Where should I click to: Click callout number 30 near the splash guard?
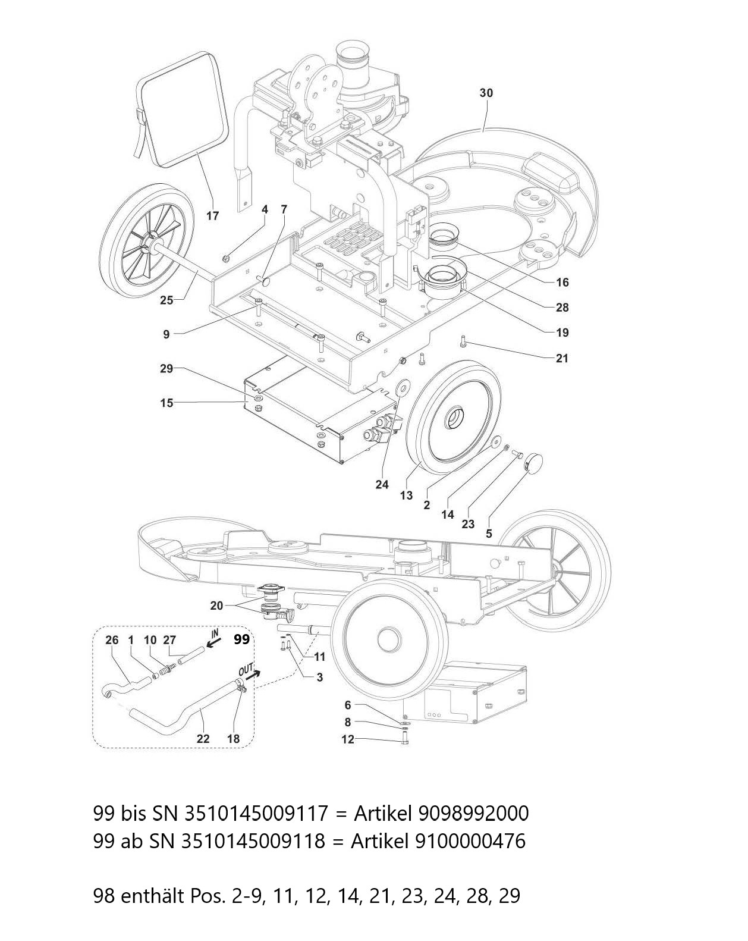(x=486, y=93)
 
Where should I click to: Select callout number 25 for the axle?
(x=166, y=300)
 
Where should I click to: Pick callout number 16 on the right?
(x=562, y=282)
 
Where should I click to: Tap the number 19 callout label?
(x=562, y=333)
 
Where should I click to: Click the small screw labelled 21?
(x=462, y=341)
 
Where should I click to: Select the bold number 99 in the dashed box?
(x=241, y=639)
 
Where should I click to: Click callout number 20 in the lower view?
(x=216, y=606)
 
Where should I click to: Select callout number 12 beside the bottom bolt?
(x=347, y=739)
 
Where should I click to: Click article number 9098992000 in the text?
(x=473, y=813)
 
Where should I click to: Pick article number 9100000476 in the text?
(x=467, y=841)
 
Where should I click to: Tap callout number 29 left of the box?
(x=166, y=369)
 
